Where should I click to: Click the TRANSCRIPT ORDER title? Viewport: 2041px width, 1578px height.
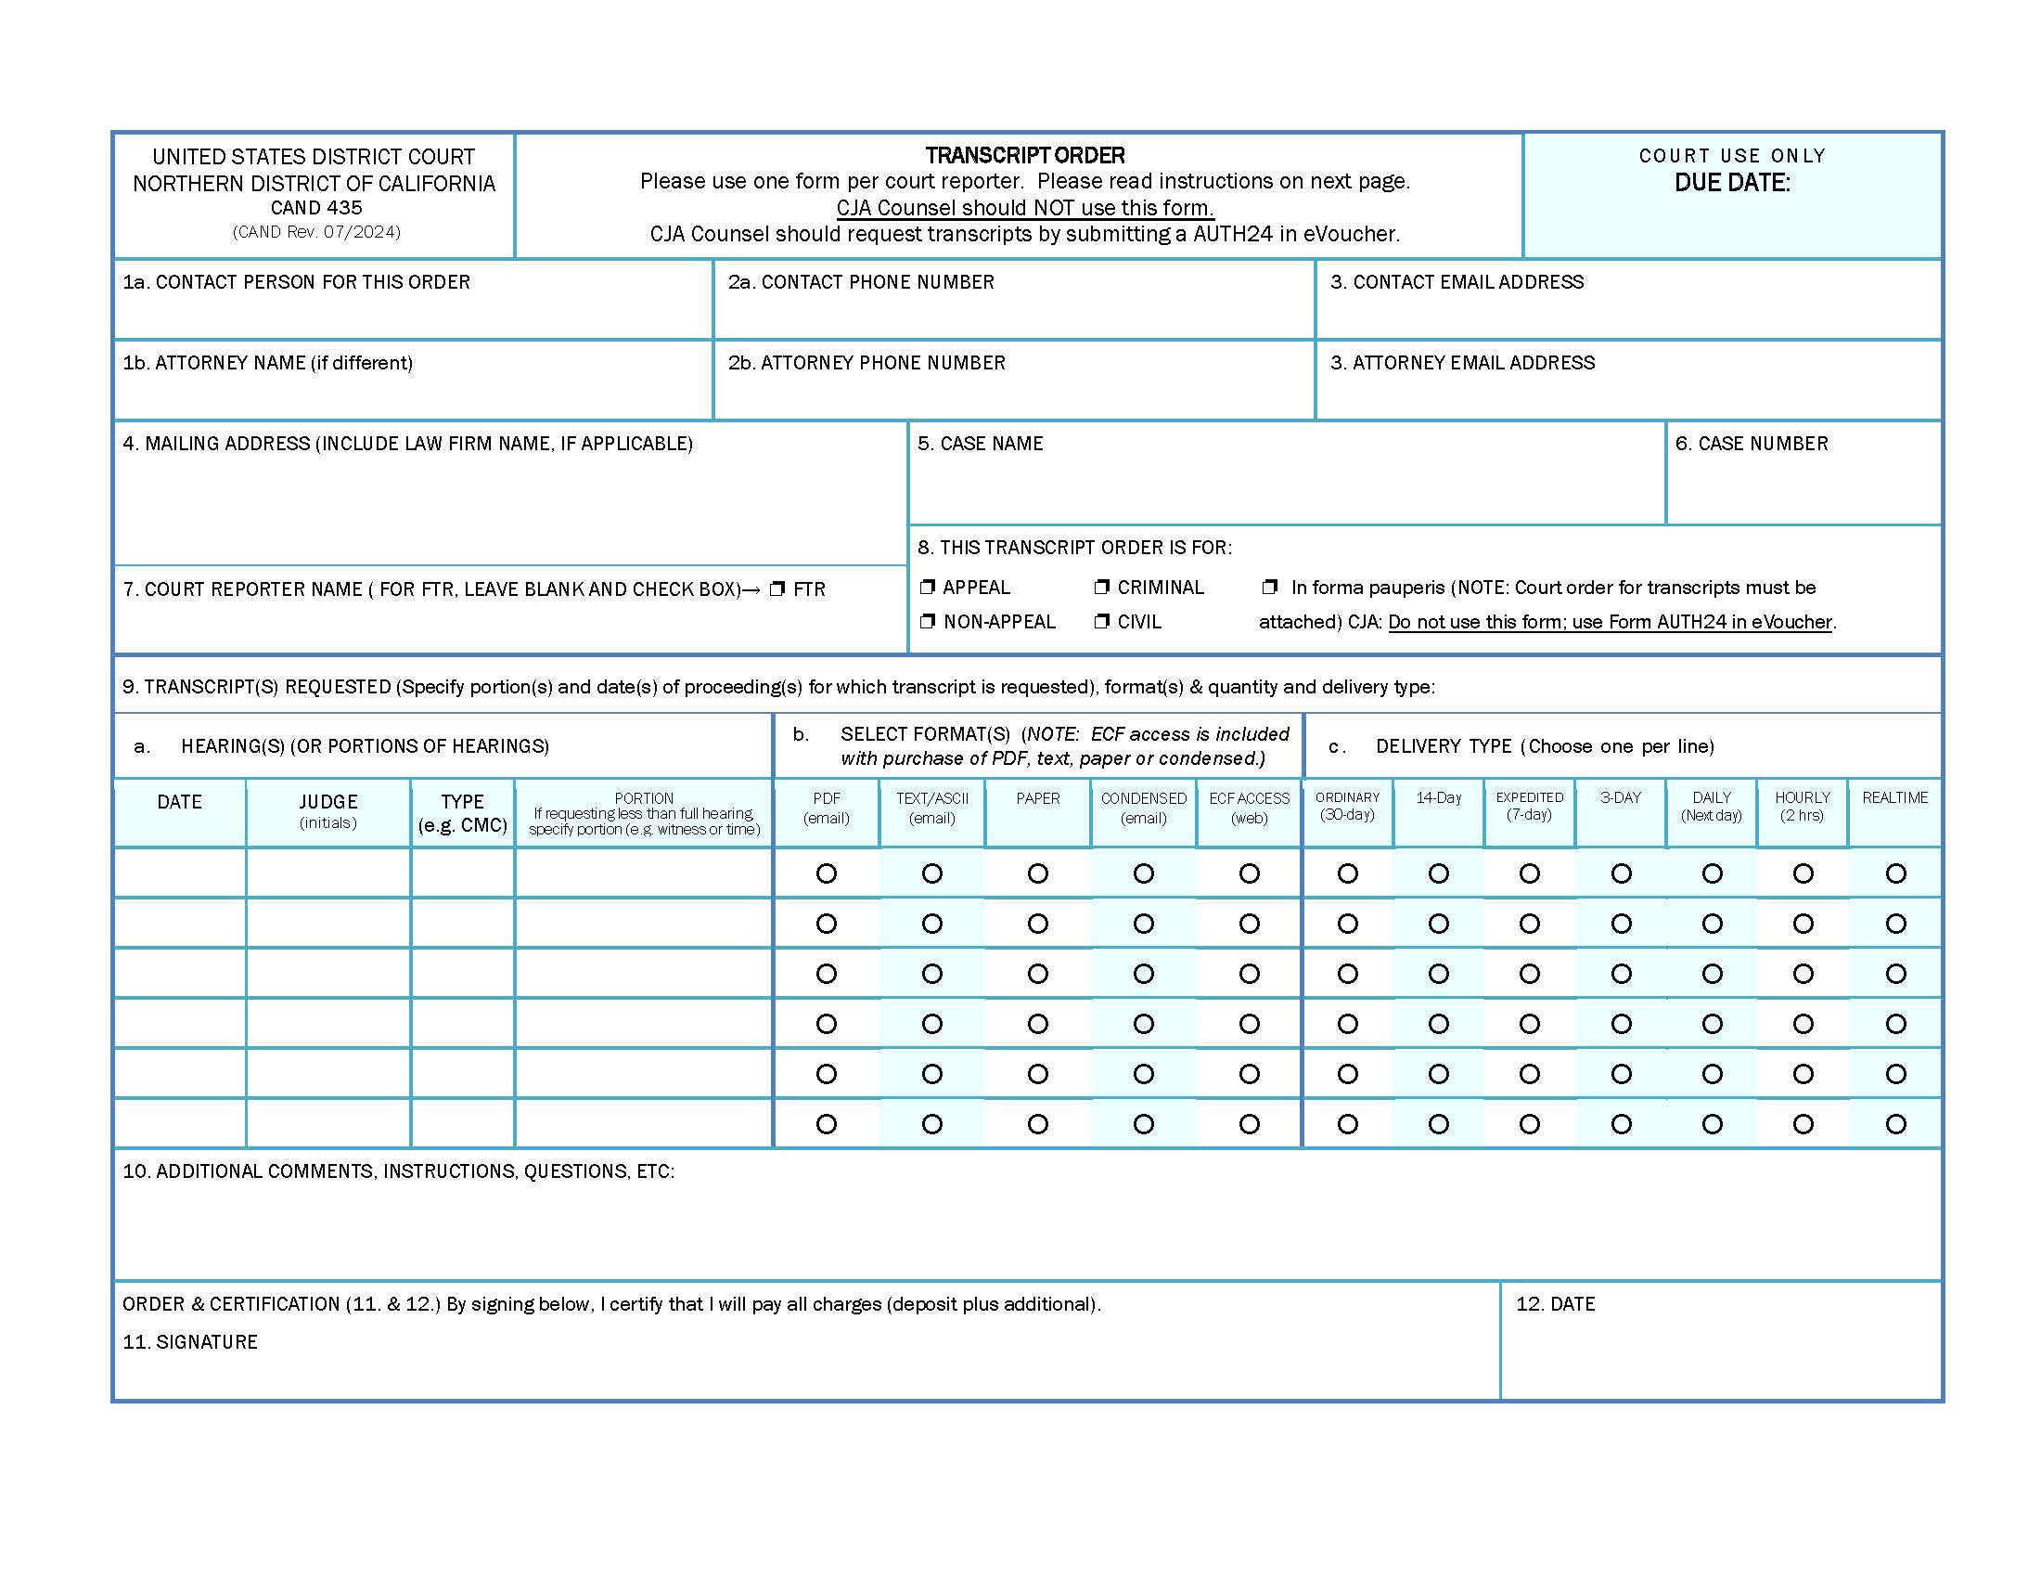click(1024, 155)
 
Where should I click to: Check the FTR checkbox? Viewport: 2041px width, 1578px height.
click(777, 589)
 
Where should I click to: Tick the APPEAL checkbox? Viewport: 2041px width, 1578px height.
click(927, 587)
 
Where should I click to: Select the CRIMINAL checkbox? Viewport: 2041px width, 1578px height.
click(1102, 587)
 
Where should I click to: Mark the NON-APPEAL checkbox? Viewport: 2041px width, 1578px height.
click(927, 622)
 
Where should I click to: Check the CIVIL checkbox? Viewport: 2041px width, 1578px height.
click(1102, 622)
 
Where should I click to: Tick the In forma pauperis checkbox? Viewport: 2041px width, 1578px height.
click(1269, 587)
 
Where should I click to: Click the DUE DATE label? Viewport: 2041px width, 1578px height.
click(1732, 183)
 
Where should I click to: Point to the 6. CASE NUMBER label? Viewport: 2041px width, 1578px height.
click(1752, 444)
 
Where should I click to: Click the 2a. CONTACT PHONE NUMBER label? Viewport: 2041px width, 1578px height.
click(861, 282)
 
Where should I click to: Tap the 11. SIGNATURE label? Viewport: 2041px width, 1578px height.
click(189, 1342)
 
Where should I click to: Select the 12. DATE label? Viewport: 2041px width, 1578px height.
click(1555, 1304)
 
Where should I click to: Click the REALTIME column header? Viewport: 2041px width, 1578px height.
click(1894, 797)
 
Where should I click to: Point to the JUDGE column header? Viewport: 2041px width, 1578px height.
click(328, 802)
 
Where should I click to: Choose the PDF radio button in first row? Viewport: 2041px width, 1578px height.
click(826, 873)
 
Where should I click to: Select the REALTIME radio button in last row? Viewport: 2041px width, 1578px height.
click(1895, 1124)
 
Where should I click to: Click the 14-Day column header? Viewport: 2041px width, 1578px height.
click(1438, 797)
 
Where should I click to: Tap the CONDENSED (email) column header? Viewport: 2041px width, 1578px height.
click(1143, 807)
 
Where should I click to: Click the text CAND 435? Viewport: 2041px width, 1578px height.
click(315, 208)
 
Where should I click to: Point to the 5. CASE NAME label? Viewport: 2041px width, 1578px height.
click(980, 444)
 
